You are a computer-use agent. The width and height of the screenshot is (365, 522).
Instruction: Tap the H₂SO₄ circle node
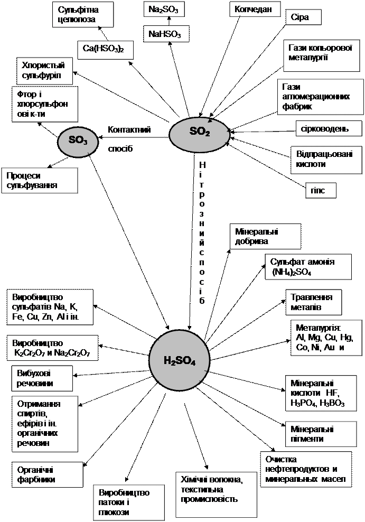coord(180,361)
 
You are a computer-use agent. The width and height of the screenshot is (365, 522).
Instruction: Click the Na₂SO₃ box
coord(164,10)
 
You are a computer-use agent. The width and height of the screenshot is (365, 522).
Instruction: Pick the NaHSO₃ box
coord(165,34)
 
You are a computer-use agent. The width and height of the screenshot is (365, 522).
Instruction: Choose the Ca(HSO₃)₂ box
coord(105,50)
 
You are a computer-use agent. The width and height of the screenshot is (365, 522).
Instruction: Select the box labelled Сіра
coord(304,17)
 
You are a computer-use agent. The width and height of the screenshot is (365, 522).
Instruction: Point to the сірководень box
coord(329,129)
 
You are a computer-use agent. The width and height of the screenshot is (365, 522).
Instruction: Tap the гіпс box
coord(321,190)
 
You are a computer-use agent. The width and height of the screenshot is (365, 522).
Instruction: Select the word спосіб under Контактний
coord(120,148)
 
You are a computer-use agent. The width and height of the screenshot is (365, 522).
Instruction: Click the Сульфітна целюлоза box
coord(83,14)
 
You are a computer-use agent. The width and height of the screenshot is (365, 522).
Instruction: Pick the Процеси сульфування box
coord(40,181)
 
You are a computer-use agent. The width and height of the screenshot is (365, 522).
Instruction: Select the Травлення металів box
coord(312,302)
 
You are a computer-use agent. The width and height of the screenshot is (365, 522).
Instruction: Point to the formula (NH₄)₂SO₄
coord(292,273)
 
